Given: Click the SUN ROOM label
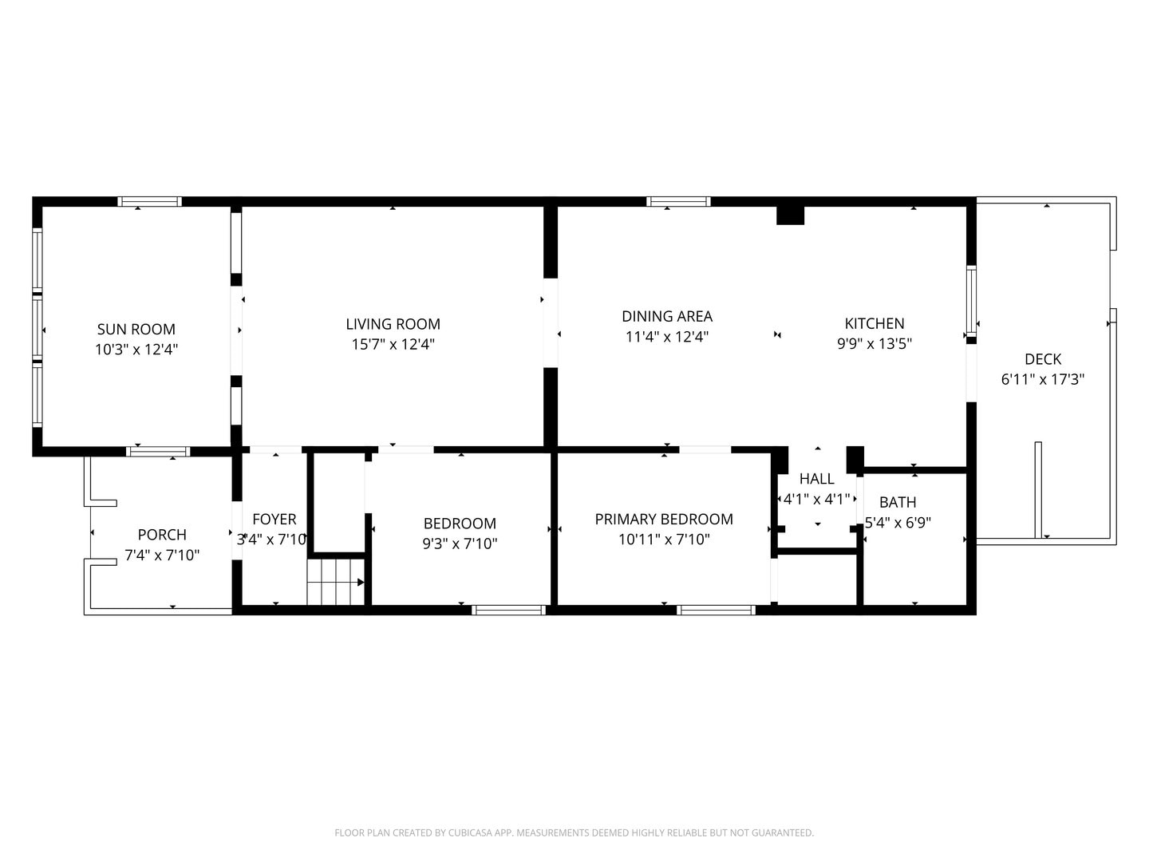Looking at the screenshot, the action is pos(136,329).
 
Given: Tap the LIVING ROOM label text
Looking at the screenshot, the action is pos(393,324).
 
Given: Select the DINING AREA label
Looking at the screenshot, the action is pos(667,316).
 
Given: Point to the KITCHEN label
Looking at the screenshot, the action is pos(875,323).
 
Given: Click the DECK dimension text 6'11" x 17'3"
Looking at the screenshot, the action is pos(1043,379).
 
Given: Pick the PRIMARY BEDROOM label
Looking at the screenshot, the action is pos(664,519).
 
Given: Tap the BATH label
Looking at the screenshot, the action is pos(898,503).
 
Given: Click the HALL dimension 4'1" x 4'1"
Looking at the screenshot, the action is pos(816,500).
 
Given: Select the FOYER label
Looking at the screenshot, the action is pos(274,519).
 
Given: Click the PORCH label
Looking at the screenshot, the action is pos(162,535).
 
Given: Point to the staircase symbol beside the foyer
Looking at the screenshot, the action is pos(335,582).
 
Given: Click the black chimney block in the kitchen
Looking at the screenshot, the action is pos(790,215).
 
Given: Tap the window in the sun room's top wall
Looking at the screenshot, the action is pos(149,201).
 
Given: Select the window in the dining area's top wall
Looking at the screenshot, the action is pos(678,201).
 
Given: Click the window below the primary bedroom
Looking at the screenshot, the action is pos(716,610).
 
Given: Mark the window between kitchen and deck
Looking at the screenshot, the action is pos(971,300).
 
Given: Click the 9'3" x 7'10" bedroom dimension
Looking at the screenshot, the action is pos(460,544).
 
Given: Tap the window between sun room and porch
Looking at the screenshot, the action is pos(157,452).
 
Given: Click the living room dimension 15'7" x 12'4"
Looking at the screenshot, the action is pos(393,344).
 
